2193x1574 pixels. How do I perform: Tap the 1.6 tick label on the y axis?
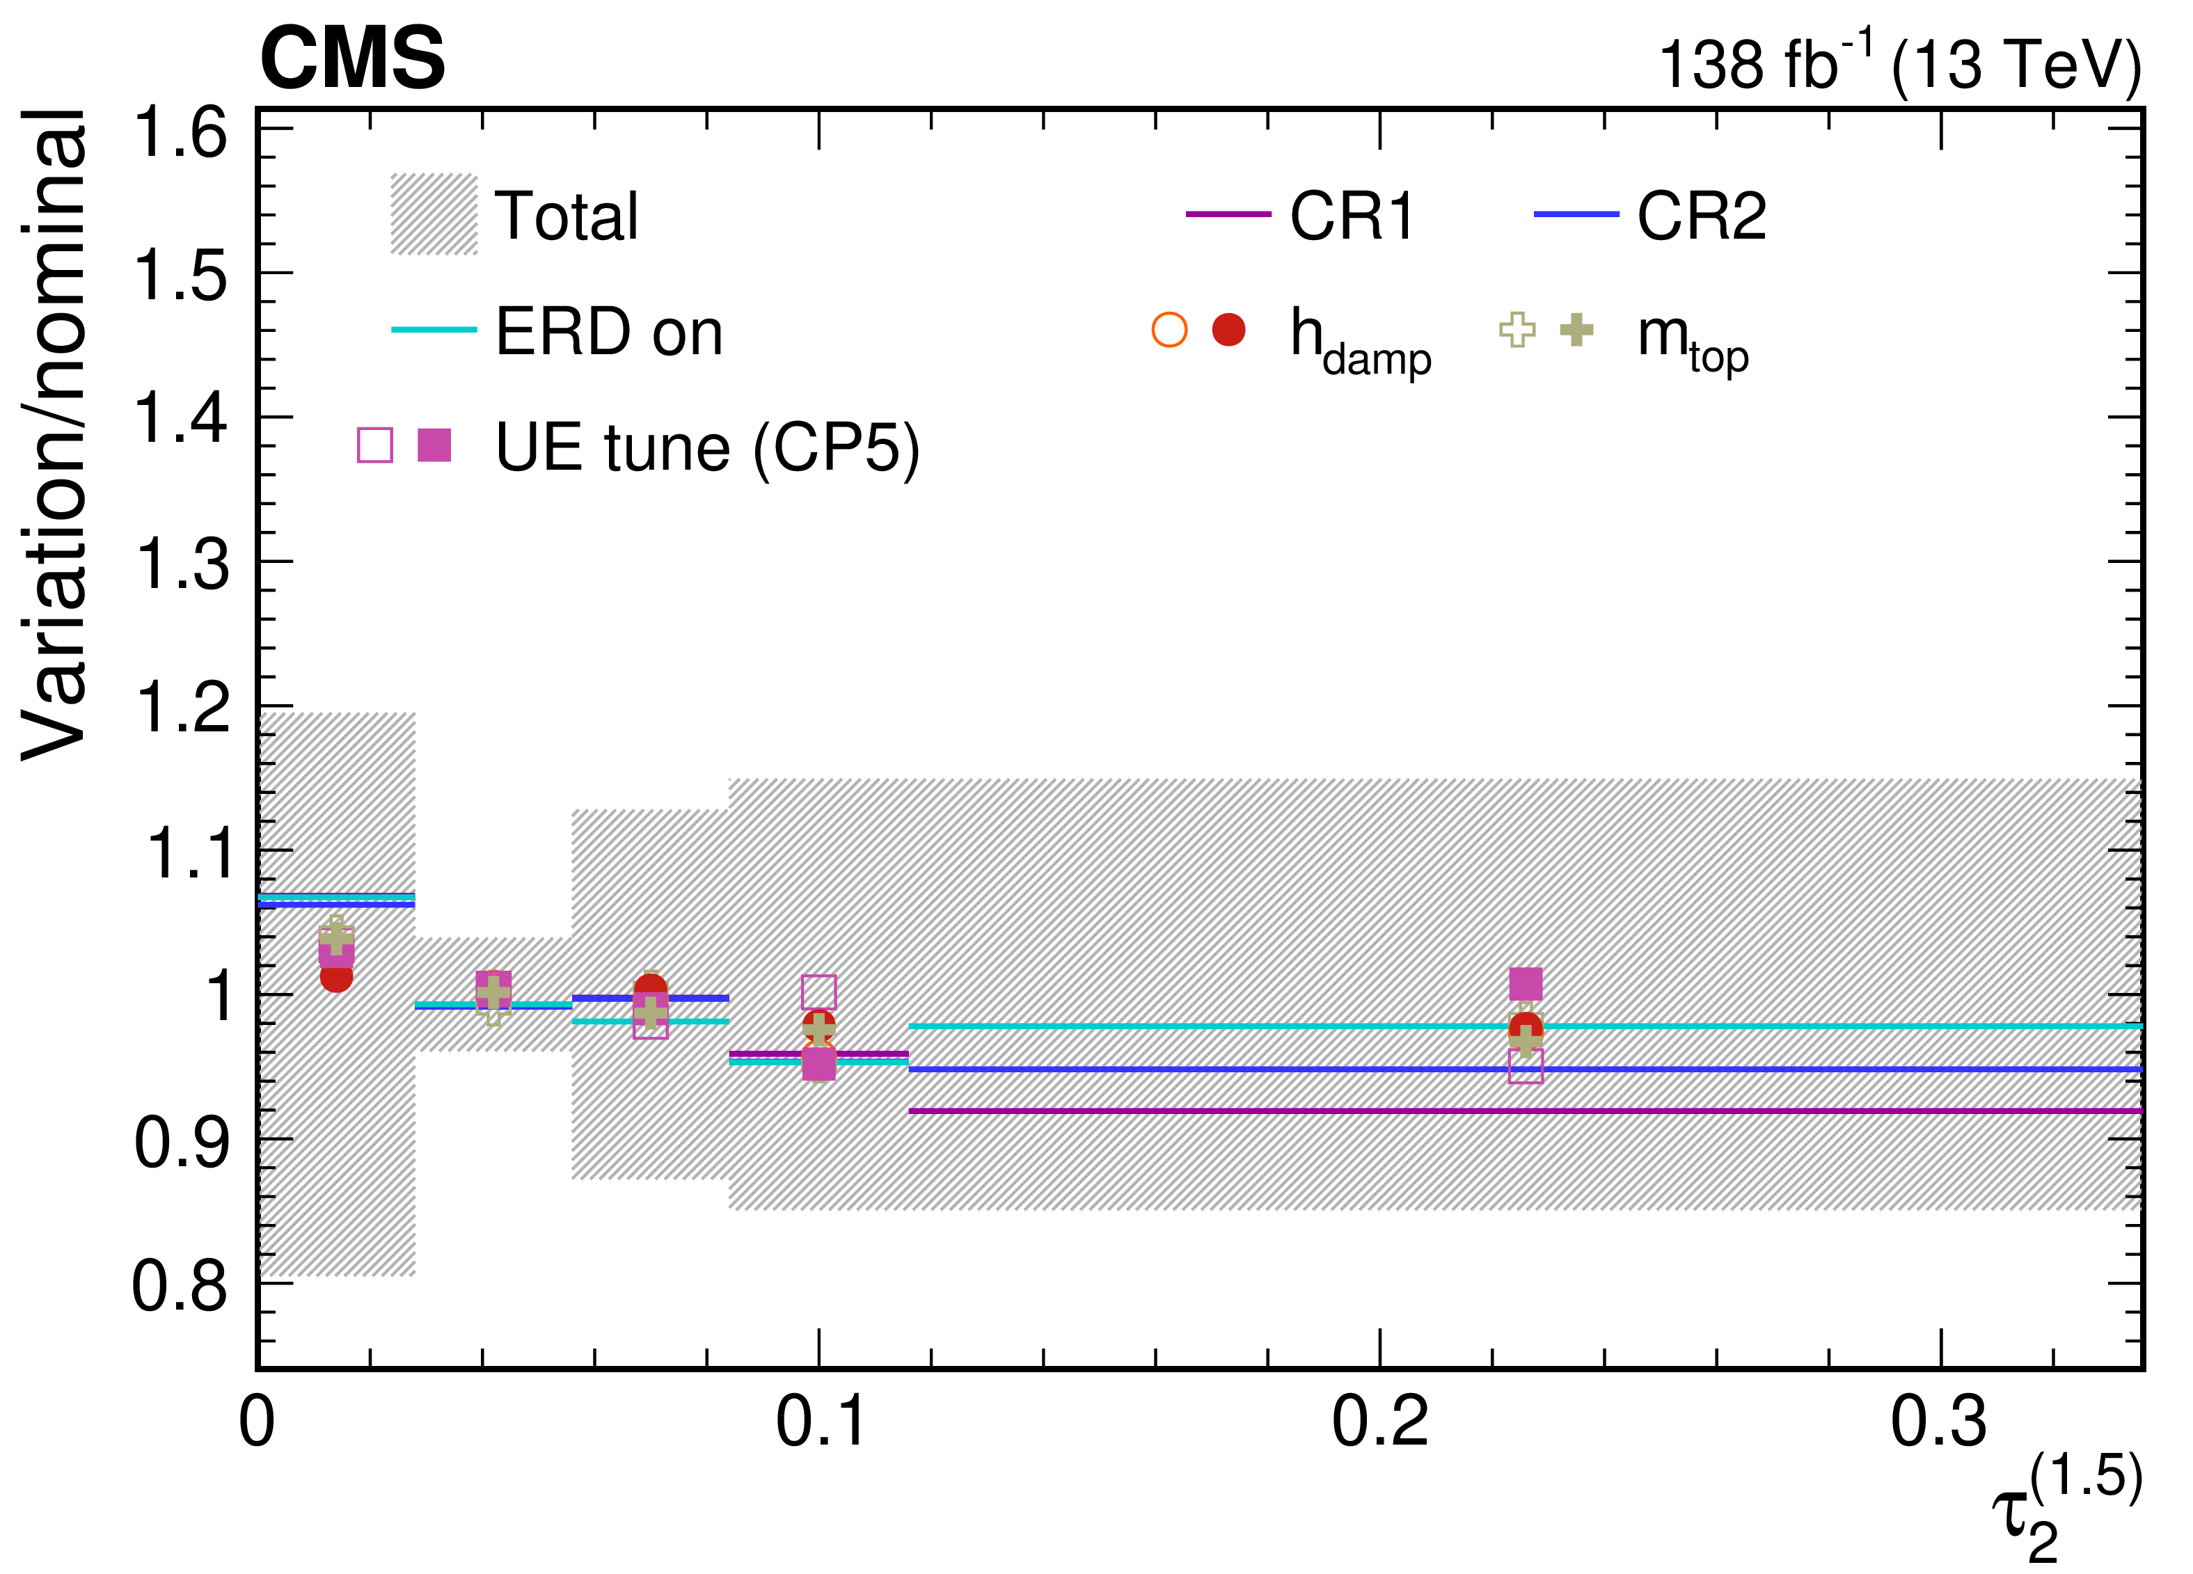click(182, 132)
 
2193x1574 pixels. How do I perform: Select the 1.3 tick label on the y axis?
click(182, 564)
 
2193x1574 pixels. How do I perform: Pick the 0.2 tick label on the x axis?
click(1380, 1421)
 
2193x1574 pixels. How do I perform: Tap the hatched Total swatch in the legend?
click(434, 214)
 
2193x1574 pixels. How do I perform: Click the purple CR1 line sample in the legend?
click(1228, 214)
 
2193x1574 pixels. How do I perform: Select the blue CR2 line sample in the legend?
click(1576, 214)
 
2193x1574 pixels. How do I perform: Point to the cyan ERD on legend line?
click(434, 330)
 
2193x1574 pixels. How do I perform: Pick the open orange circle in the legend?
click(1169, 330)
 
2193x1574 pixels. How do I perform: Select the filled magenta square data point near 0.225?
click(1526, 984)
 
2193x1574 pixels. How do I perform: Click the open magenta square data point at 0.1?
click(819, 992)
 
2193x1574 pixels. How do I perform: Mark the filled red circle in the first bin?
click(335, 976)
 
